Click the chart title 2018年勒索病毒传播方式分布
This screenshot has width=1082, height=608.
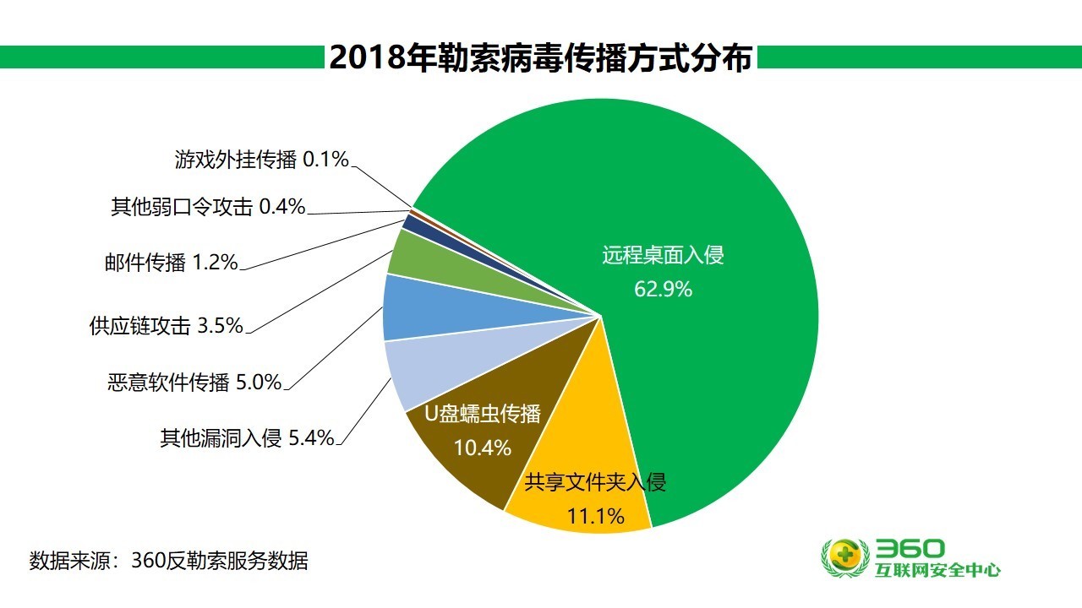(540, 57)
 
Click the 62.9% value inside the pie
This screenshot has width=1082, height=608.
(663, 289)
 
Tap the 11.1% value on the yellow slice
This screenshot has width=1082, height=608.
(595, 515)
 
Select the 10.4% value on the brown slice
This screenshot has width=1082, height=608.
(483, 448)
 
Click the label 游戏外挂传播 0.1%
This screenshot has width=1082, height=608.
(262, 159)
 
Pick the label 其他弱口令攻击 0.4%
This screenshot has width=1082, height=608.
(208, 206)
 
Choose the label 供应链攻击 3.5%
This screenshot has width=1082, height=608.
(166, 325)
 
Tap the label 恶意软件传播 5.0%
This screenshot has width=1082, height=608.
(194, 383)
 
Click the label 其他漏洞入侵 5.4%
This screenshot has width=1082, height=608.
(247, 438)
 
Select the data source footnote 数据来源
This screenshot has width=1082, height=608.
(169, 560)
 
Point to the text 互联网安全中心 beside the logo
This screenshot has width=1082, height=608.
(938, 570)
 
